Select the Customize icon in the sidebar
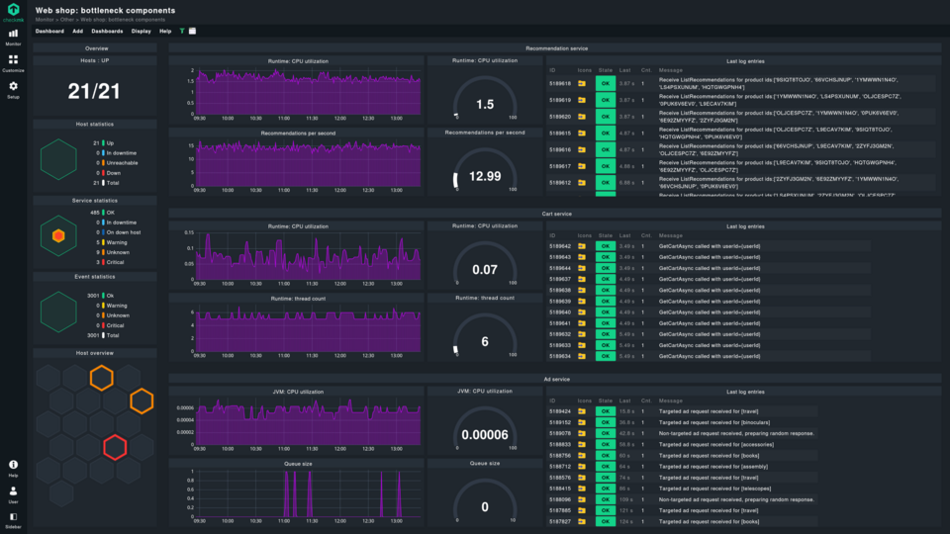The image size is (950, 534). [13, 61]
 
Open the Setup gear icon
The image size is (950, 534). [13, 88]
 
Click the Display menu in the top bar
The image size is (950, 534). [141, 31]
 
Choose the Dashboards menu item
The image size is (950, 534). [107, 31]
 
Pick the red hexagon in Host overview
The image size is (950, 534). [116, 447]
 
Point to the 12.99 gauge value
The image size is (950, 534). [485, 176]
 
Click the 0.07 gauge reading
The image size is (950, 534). [485, 270]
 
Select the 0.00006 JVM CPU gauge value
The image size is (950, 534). [485, 434]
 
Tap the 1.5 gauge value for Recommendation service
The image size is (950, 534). [485, 104]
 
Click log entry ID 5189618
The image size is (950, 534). [559, 84]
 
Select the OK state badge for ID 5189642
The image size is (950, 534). [604, 246]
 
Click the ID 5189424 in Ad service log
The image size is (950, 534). [559, 410]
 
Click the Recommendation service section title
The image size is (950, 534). [557, 47]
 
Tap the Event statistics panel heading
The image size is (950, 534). [96, 277]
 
